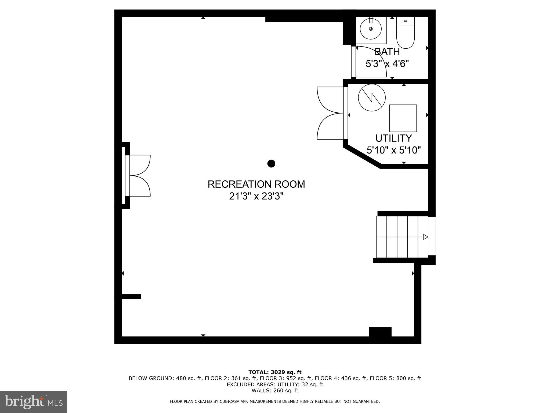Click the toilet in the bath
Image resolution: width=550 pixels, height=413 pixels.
point(406,34)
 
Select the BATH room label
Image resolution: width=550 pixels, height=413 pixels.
point(387,52)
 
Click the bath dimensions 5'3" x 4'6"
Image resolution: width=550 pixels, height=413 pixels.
point(387,64)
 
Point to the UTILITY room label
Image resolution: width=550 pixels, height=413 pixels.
point(393,138)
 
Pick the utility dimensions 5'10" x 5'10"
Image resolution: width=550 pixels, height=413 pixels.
point(393,150)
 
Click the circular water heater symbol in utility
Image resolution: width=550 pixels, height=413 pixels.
point(372,97)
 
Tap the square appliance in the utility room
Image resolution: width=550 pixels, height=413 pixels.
point(403,118)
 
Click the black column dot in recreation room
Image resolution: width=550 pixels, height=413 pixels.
point(271,163)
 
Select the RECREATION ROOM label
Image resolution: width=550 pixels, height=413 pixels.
point(256,184)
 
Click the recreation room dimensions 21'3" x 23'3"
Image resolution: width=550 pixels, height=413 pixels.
point(256,196)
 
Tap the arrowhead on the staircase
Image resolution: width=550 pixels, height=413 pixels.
point(425,237)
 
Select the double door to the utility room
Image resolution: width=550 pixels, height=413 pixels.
point(330,113)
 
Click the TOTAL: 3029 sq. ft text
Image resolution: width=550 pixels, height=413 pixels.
point(275,372)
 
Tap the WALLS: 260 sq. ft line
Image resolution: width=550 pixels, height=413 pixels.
point(275,390)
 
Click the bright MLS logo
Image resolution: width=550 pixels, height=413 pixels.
point(34,402)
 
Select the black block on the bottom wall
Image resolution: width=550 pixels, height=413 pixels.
point(380,332)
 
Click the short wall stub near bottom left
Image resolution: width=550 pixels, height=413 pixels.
point(131,297)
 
